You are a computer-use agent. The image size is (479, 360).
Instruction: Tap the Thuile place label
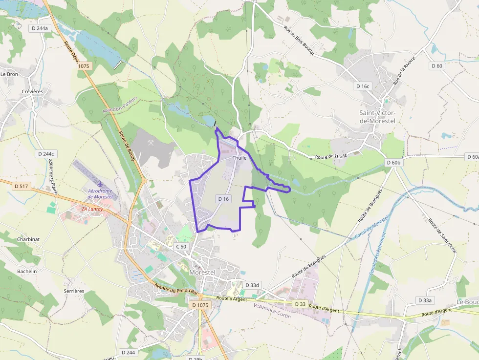(x=239, y=158)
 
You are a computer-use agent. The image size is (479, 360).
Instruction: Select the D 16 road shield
(x=223, y=199)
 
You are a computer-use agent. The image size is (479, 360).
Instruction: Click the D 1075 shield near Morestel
(x=200, y=305)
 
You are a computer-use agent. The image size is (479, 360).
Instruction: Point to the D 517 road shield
(x=22, y=186)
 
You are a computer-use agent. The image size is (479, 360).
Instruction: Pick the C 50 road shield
(x=181, y=247)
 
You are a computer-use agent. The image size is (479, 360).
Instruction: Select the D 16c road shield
(x=363, y=86)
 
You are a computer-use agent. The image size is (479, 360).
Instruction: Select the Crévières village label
(x=33, y=91)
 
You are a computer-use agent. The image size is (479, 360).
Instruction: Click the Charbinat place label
(x=28, y=239)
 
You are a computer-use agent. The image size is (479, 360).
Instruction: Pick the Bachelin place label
(x=27, y=271)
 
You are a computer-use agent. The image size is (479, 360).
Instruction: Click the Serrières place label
(x=74, y=291)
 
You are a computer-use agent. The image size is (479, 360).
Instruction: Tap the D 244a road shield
(x=40, y=28)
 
